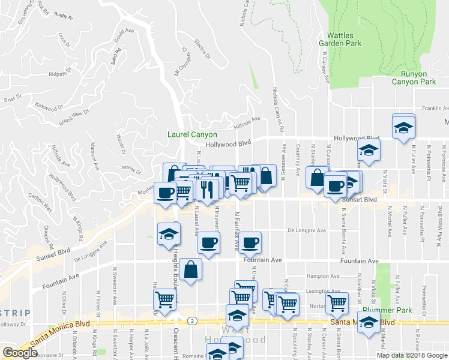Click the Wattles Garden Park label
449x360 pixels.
tap(344, 40)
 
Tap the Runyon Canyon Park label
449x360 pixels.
tap(414, 77)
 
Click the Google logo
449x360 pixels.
tap(20, 353)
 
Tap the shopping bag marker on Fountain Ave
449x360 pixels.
tap(190, 269)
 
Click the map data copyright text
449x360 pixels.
tap(412, 355)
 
